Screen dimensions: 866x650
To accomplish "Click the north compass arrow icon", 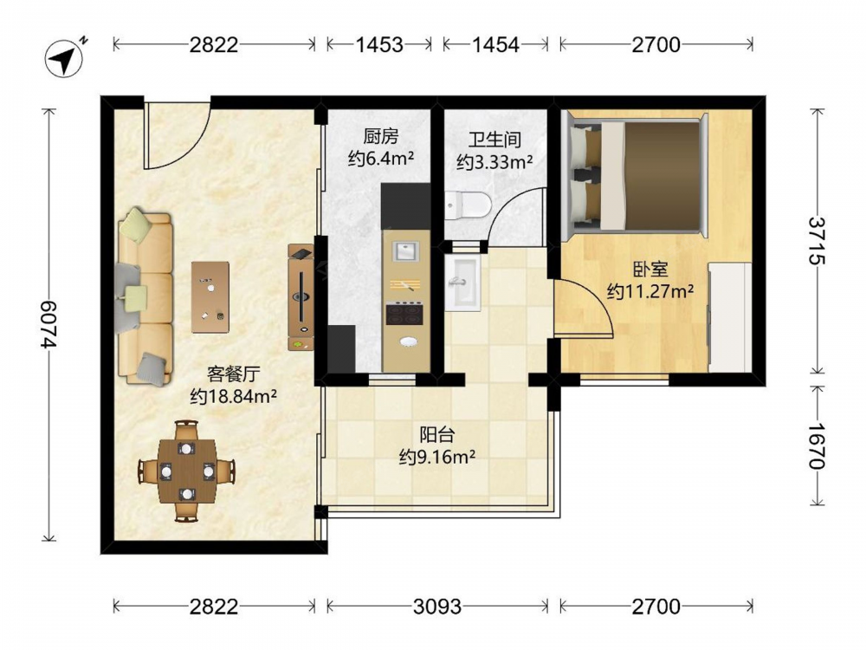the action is [65, 57].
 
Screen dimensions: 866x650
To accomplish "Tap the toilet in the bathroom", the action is [468, 205].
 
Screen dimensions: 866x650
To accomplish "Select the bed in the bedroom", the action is [636, 177].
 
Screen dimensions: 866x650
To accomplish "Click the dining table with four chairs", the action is [187, 471].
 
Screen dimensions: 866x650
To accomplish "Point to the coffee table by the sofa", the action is [210, 296].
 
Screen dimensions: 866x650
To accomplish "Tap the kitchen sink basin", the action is [406, 252].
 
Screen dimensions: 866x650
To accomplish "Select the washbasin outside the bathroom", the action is [462, 282].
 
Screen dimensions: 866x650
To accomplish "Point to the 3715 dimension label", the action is [817, 241].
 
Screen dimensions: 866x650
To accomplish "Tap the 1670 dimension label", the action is [817, 445].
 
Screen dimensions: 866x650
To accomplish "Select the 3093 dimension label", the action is [436, 607].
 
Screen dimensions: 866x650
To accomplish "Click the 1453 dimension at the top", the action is [379, 45].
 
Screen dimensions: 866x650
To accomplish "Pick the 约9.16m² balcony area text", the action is [437, 458].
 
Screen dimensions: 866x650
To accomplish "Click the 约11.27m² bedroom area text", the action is [650, 290].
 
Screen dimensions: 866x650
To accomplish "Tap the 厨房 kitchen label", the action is [380, 136].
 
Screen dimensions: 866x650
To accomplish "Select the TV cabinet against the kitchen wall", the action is [301, 297].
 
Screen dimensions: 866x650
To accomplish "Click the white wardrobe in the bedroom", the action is [730, 317].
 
